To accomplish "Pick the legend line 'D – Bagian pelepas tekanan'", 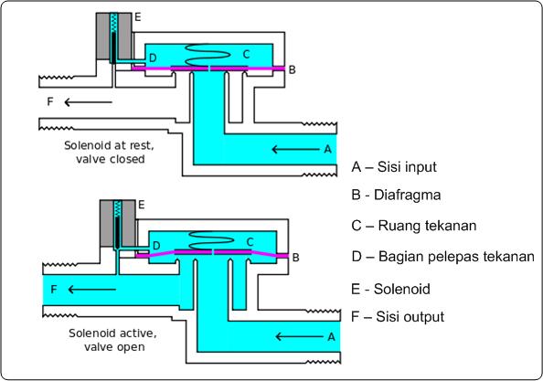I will tap(442, 257).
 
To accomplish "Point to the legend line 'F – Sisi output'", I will tap(398, 317).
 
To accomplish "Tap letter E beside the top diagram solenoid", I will tap(138, 17).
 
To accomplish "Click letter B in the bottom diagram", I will tap(294, 259).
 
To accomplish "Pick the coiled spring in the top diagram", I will tap(209, 52).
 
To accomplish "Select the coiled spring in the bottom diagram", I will tap(211, 239).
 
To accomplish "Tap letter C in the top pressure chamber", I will tap(246, 54).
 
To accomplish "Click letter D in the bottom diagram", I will tap(156, 246).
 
